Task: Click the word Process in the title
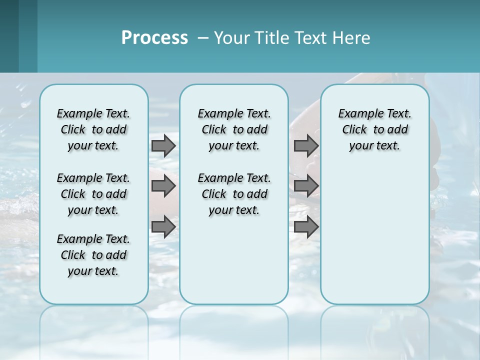pyautogui.click(x=154, y=38)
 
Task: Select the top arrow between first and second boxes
pyautogui.click(x=163, y=145)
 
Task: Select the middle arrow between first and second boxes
pyautogui.click(x=163, y=186)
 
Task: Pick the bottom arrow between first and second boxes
pyautogui.click(x=163, y=227)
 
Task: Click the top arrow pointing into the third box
pyautogui.click(x=306, y=145)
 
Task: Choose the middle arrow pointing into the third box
pyautogui.click(x=306, y=186)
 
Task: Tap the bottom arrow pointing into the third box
pyautogui.click(x=306, y=227)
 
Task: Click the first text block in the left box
pyautogui.click(x=93, y=129)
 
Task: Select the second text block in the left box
pyautogui.click(x=93, y=194)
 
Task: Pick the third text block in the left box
pyautogui.click(x=93, y=255)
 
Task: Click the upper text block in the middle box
pyautogui.click(x=234, y=129)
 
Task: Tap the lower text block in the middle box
pyautogui.click(x=234, y=194)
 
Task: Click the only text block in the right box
pyautogui.click(x=374, y=129)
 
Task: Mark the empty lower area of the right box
pyautogui.click(x=374, y=235)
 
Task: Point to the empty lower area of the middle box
pyautogui.click(x=234, y=260)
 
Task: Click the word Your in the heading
pyautogui.click(x=231, y=38)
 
